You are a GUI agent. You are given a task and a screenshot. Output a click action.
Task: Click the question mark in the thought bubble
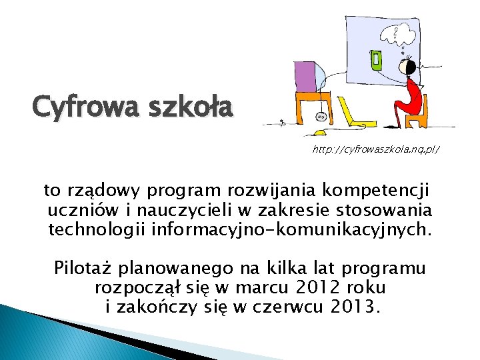397,30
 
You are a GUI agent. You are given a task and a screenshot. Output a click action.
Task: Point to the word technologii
97,230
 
